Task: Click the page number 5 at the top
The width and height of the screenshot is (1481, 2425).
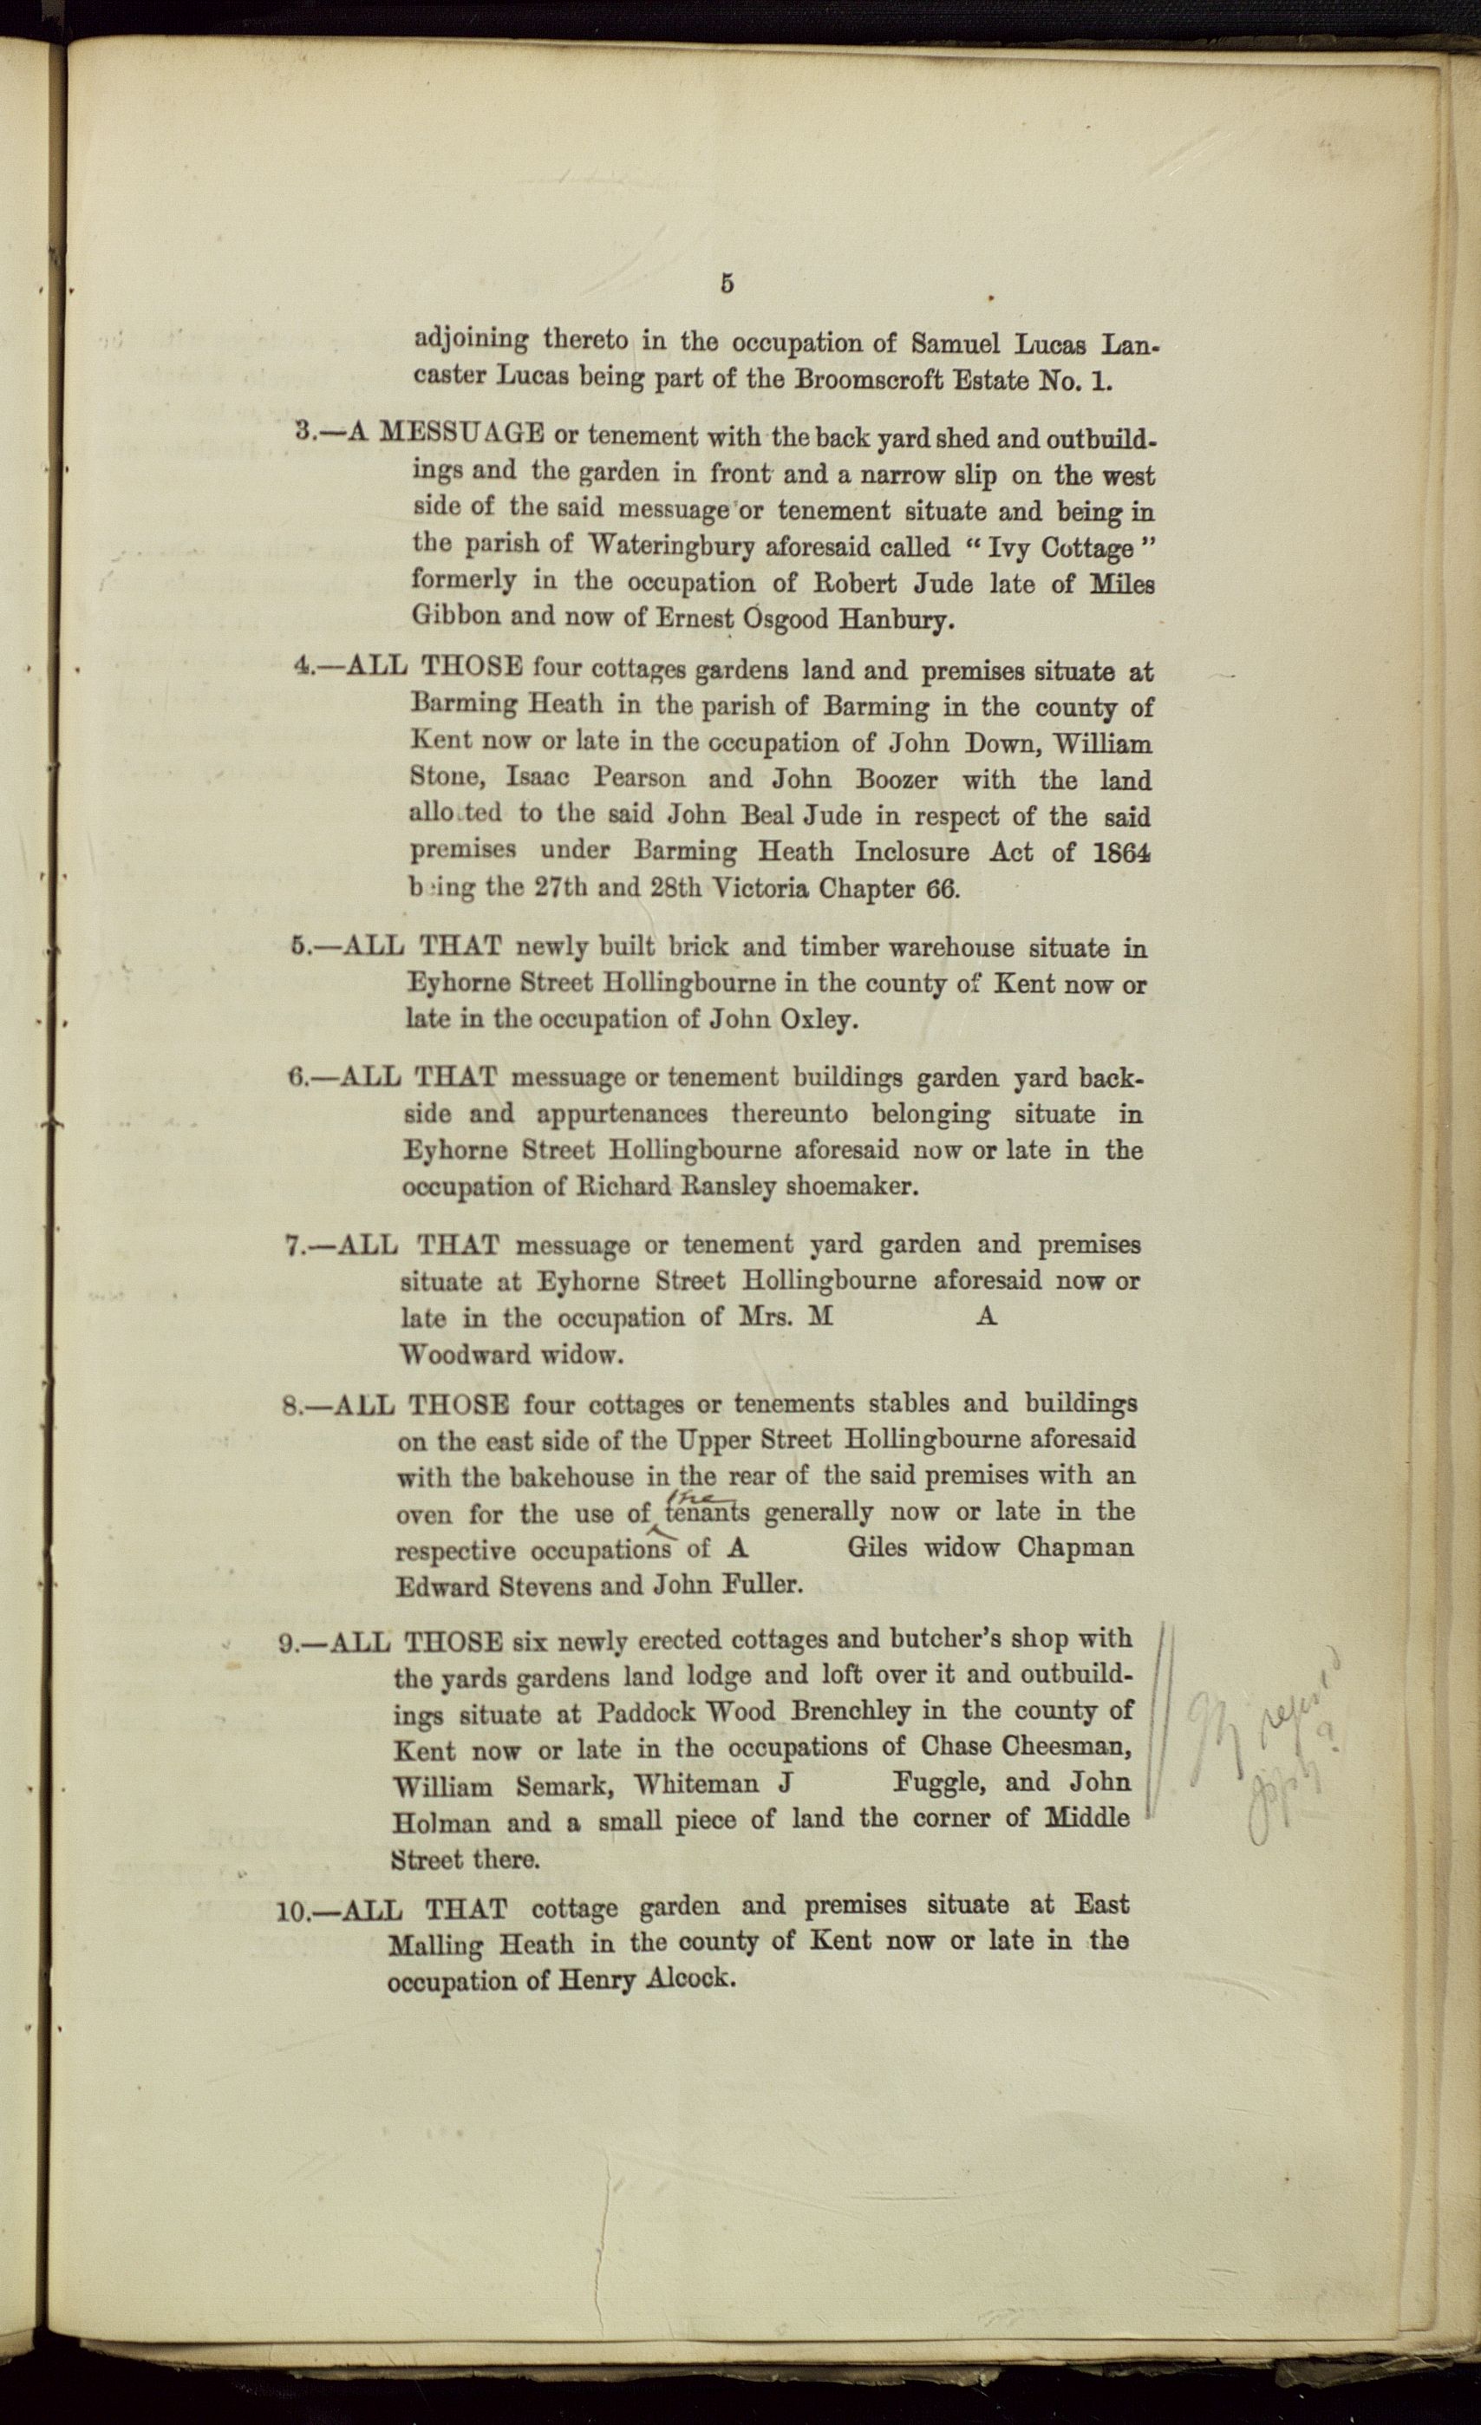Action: tap(727, 284)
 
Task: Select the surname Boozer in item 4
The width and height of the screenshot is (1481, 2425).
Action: tap(895, 781)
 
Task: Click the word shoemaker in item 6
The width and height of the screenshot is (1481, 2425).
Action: tap(851, 1186)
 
